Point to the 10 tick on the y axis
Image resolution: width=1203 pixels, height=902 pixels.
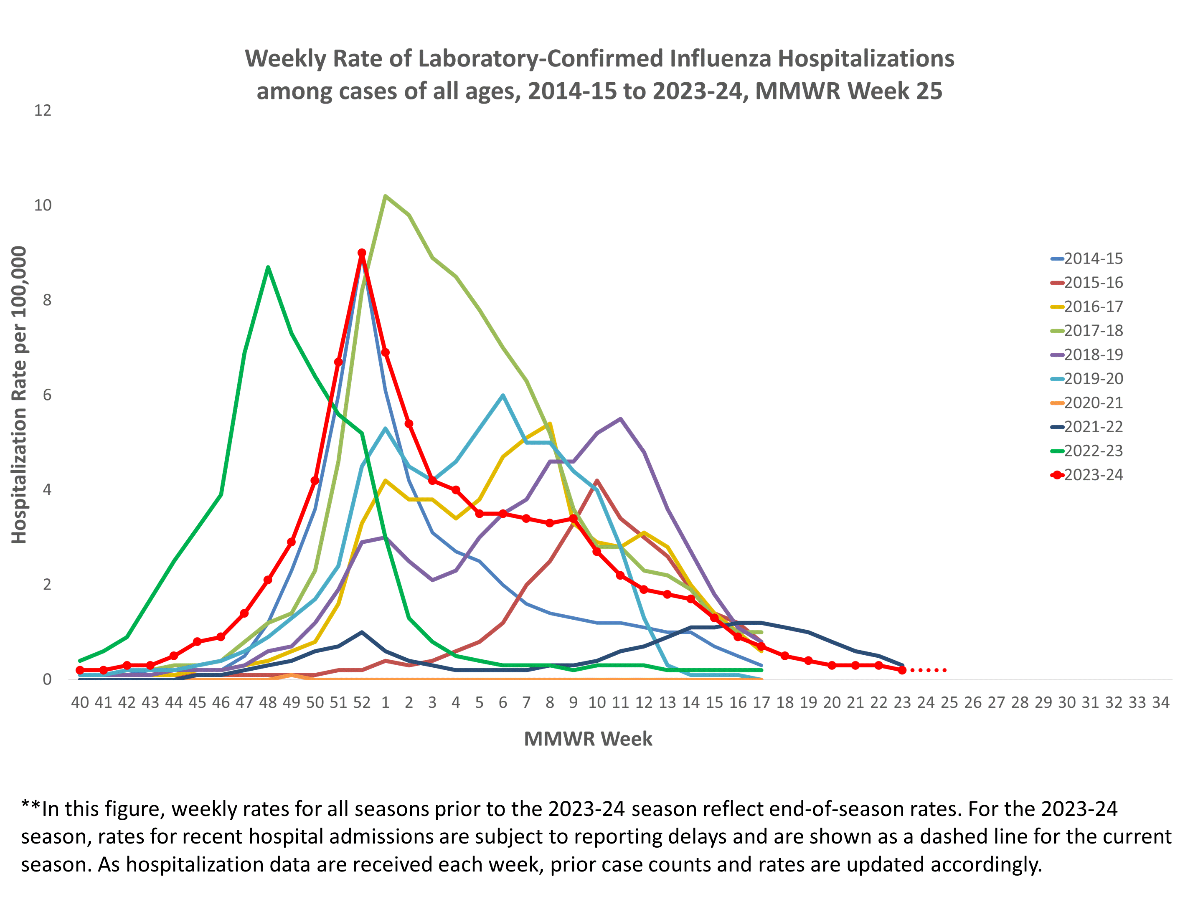pos(43,205)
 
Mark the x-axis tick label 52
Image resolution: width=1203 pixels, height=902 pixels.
pos(362,702)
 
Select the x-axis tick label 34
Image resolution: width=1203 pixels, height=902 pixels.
pos(1160,702)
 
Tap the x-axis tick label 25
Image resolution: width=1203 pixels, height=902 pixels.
pos(949,702)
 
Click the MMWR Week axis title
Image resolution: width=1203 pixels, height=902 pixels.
pos(588,739)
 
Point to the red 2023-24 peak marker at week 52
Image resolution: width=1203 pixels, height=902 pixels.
pos(362,253)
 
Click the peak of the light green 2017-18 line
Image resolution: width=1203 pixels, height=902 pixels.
pos(385,196)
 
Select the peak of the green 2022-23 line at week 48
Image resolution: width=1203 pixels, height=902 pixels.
pos(268,267)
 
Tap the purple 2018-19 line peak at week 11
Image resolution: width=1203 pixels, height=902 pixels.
pos(621,419)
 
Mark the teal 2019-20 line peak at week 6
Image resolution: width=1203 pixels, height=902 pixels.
pos(503,395)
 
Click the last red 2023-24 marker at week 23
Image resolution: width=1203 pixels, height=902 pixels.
pos(902,670)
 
